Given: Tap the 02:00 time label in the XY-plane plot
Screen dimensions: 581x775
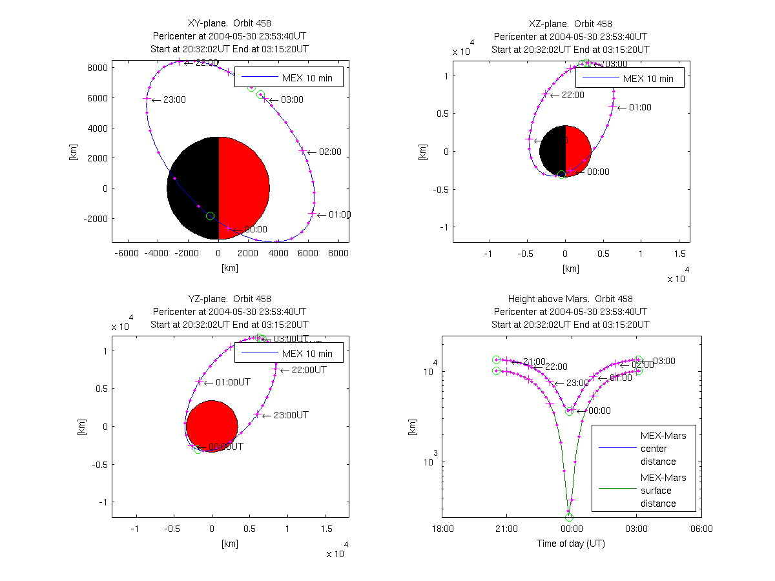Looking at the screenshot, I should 329,152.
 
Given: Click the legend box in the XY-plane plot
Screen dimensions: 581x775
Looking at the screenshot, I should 288,77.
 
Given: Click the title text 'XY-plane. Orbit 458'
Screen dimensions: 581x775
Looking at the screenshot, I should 229,24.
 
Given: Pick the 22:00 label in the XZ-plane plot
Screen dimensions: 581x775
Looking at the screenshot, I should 571,95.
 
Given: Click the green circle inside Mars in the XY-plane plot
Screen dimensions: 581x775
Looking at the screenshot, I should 210,216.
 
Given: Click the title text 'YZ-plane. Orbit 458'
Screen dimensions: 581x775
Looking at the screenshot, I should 229,299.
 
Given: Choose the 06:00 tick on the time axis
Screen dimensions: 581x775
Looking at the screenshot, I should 701,529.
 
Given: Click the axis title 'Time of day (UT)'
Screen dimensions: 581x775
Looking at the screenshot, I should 571,544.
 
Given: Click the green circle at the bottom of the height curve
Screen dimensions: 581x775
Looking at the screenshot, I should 569,517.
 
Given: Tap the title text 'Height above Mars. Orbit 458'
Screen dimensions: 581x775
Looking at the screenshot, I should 570,299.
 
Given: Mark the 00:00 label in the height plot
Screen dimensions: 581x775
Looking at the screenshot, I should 599,411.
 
